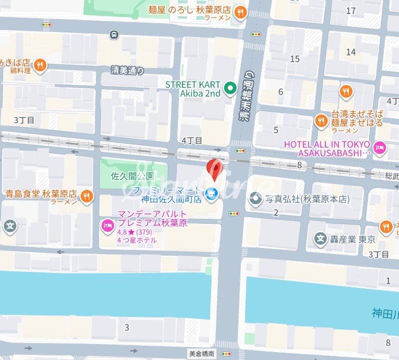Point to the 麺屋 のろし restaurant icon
point(241,12)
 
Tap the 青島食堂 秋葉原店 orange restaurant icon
point(87,196)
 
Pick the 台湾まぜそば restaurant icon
point(321,121)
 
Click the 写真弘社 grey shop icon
point(256,199)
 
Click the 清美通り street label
point(128,71)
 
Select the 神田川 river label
point(385,314)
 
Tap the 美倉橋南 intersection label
point(202,353)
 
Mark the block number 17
point(351,11)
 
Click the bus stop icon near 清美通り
point(114,34)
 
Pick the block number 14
point(351,52)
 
